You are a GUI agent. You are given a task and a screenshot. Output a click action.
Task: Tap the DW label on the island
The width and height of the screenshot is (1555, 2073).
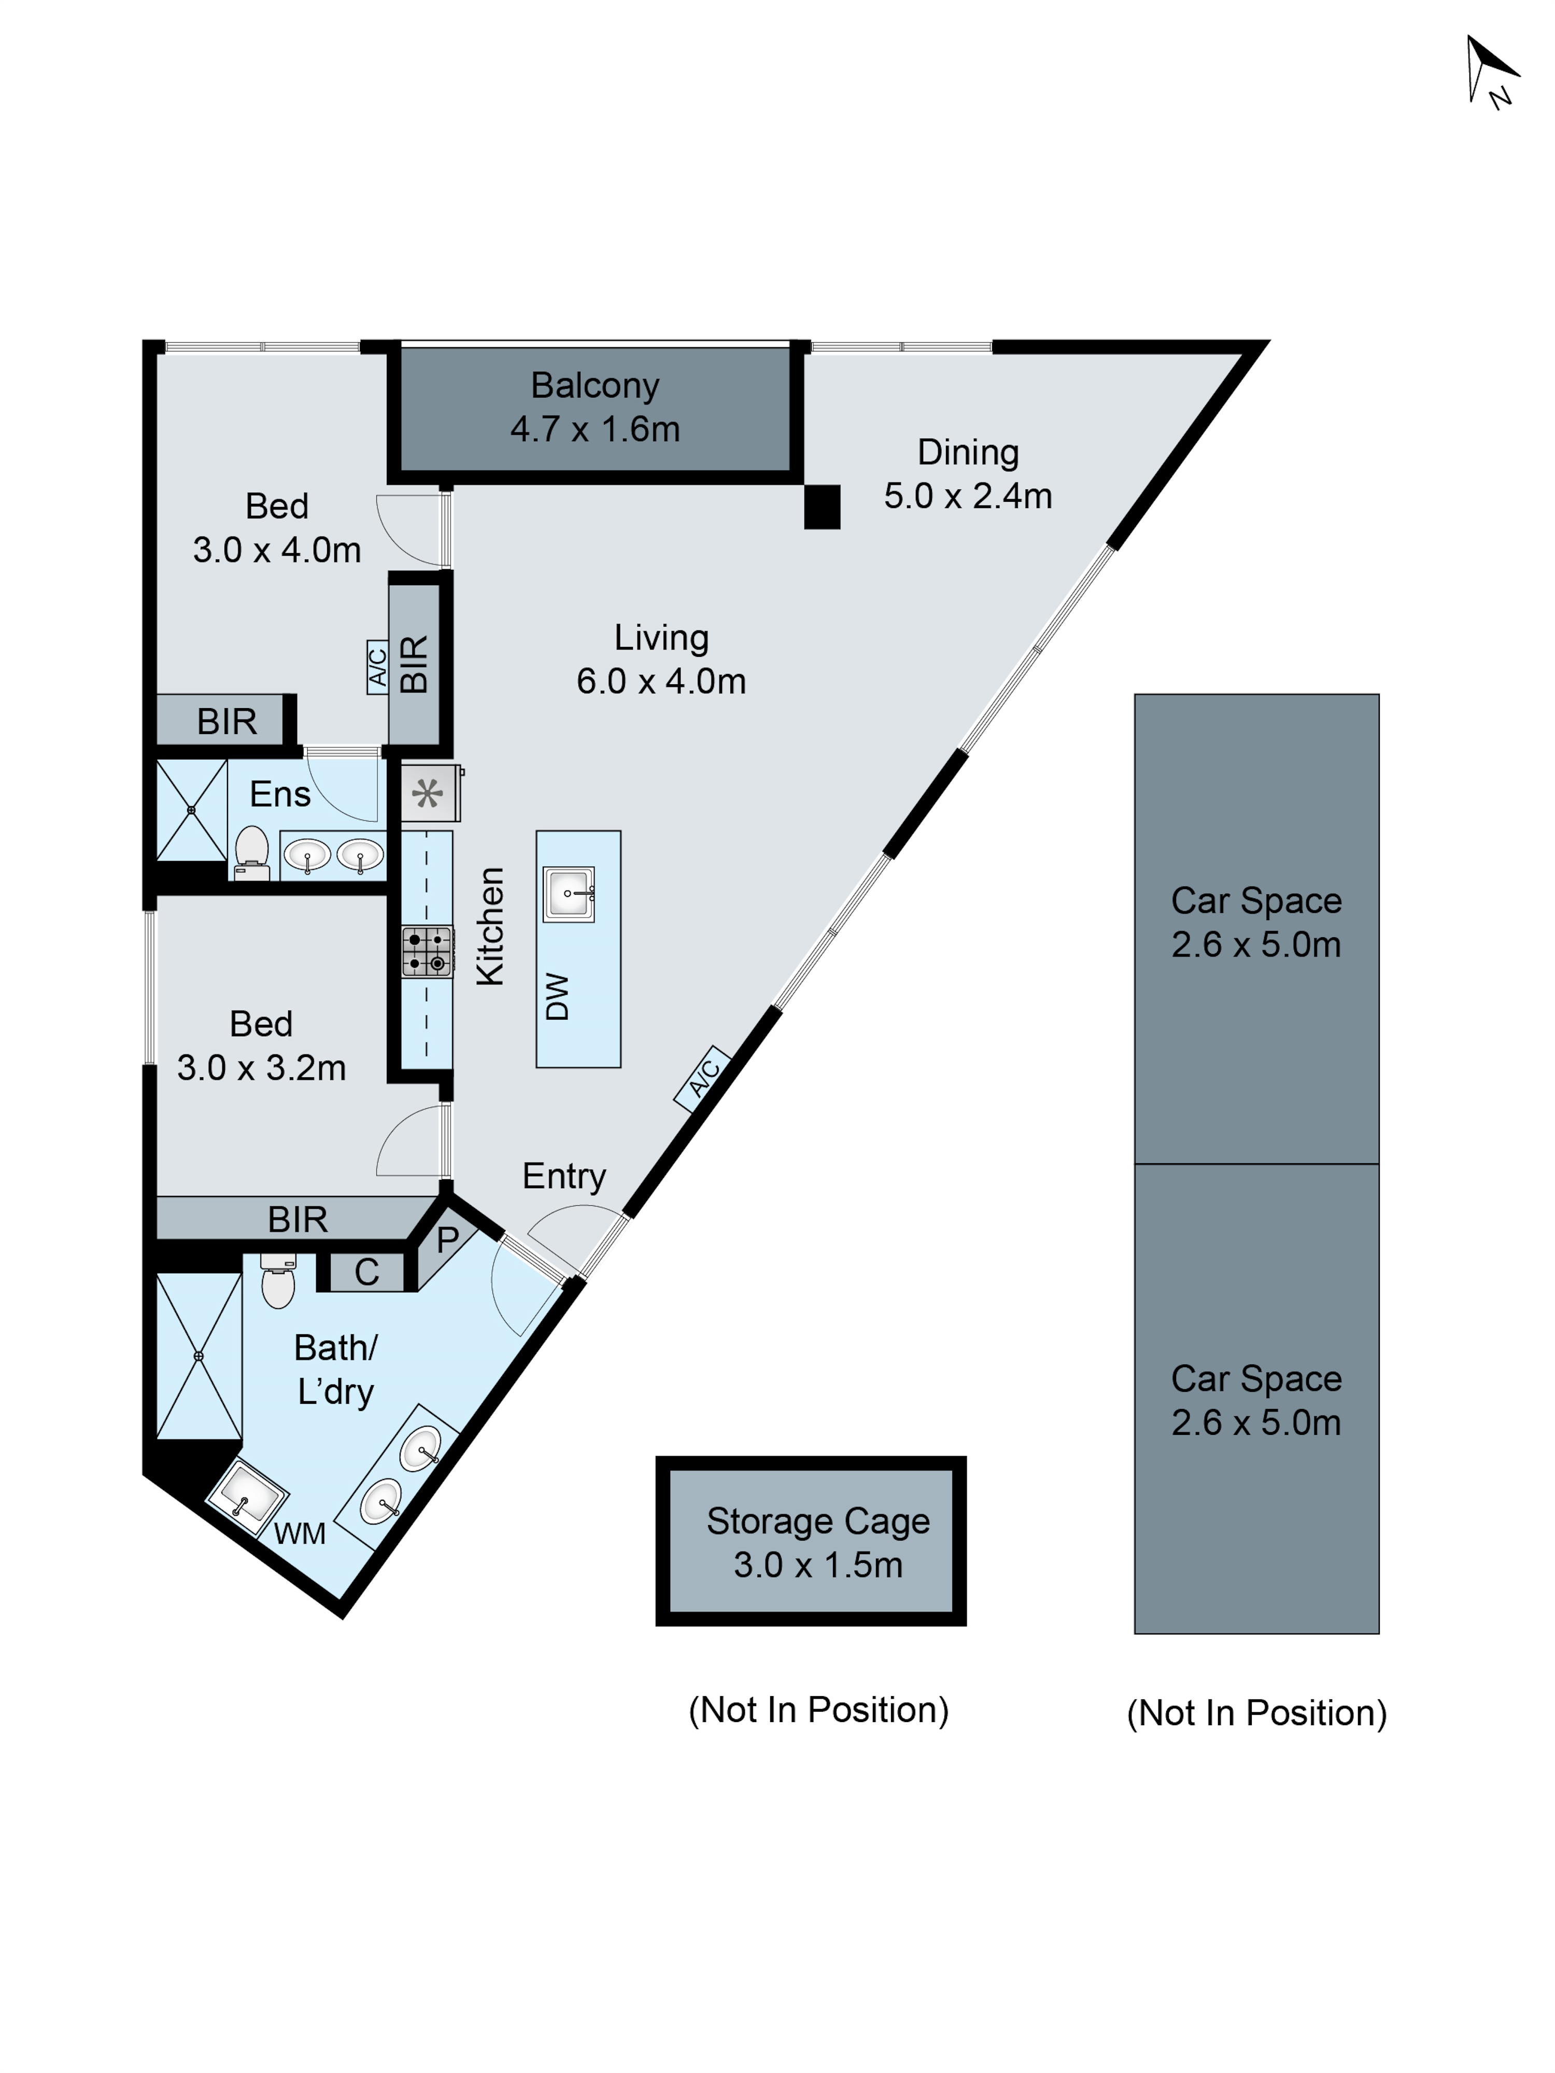click(x=557, y=996)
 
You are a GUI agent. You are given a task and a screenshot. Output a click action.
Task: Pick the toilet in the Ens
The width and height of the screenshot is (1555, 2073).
click(x=251, y=852)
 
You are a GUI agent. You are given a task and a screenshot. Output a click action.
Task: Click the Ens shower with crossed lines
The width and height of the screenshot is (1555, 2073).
click(x=191, y=810)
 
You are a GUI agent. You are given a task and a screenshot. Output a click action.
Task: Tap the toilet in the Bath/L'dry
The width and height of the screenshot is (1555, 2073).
click(x=277, y=1280)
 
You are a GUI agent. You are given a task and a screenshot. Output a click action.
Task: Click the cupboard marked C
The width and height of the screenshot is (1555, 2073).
click(x=366, y=1272)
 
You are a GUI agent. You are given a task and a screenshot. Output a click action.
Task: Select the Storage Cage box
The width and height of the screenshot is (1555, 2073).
click(x=811, y=1541)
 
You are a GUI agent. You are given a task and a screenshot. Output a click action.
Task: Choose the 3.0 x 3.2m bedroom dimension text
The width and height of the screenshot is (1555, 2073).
click(x=262, y=1067)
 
